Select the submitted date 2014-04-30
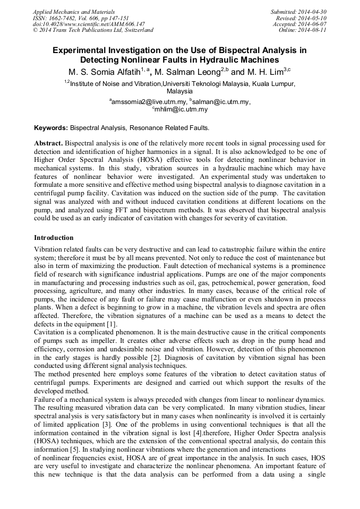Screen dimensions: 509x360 coord(313,11)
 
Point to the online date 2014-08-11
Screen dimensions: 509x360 coord(313,30)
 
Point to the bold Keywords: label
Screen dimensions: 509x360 coord(51,128)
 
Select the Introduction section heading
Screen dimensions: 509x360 coord(54,237)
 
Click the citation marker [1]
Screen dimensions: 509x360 coord(111,324)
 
